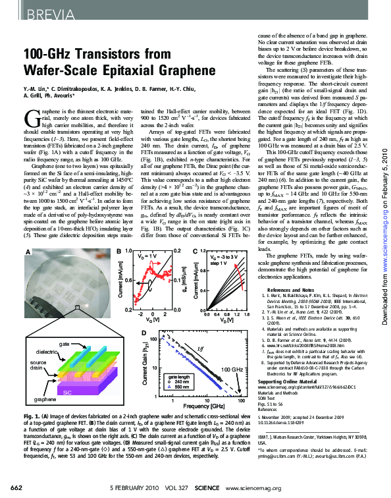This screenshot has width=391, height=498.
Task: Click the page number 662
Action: click(13, 487)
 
